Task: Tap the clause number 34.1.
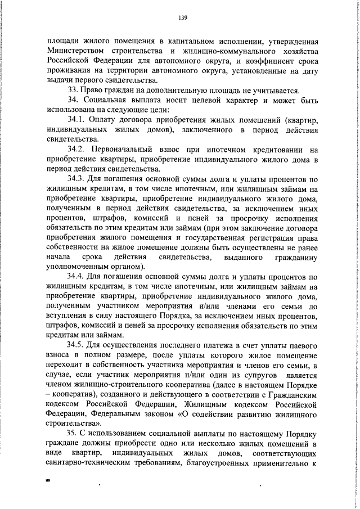point(77,120)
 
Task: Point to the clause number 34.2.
point(77,150)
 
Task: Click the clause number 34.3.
point(77,179)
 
